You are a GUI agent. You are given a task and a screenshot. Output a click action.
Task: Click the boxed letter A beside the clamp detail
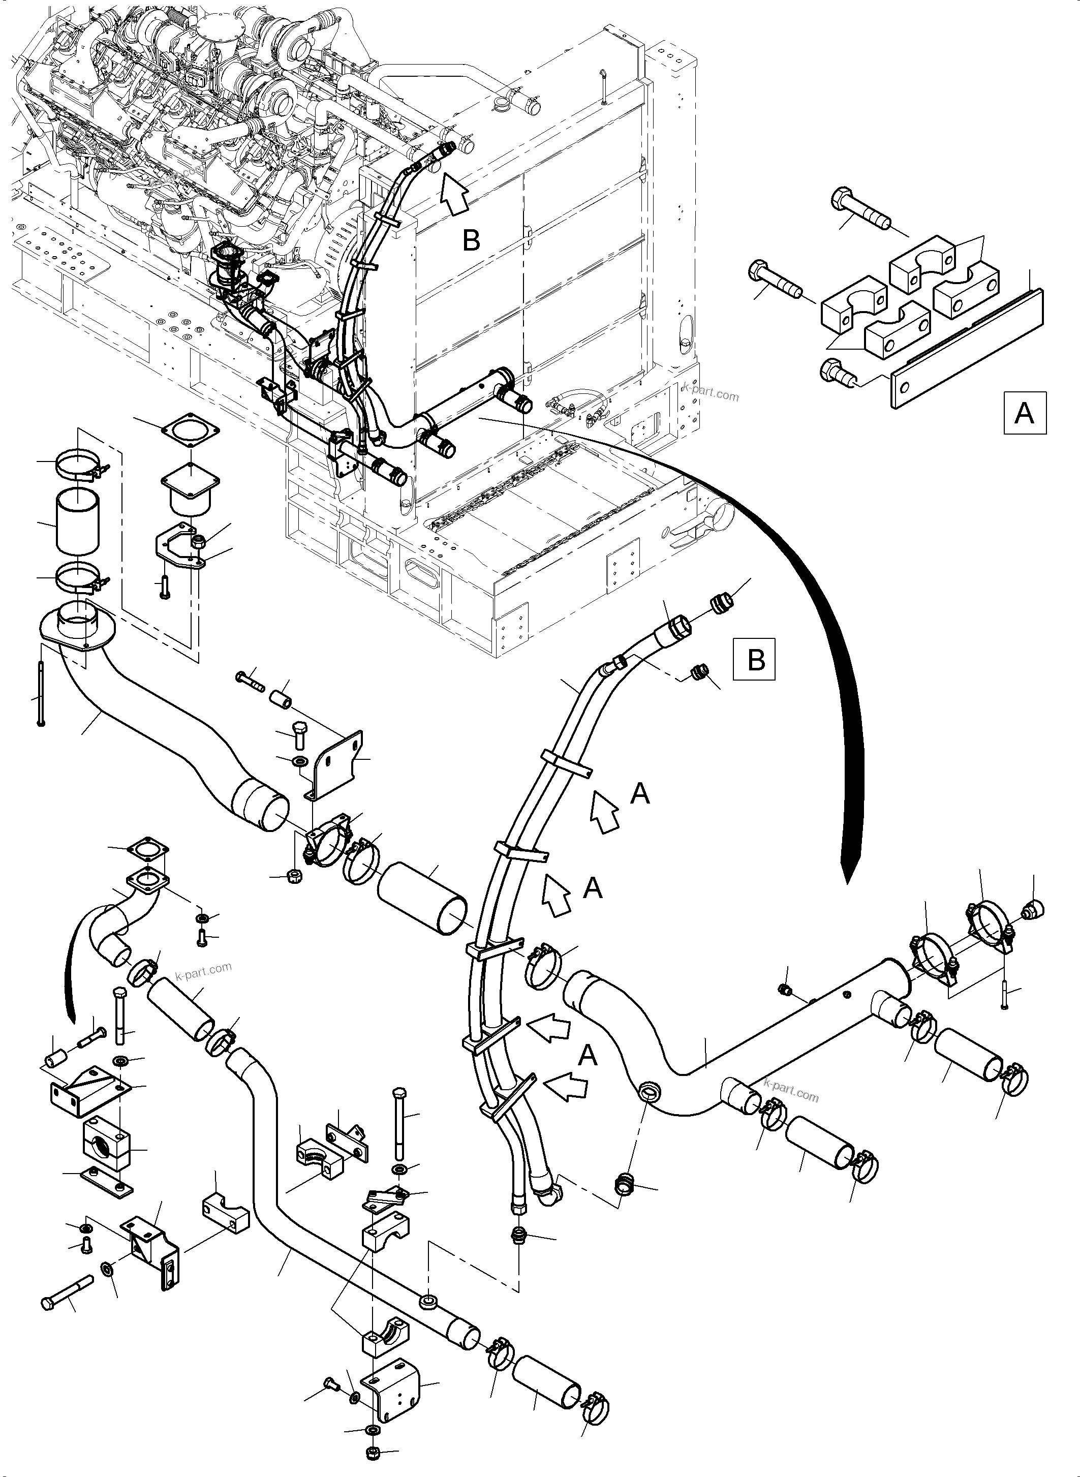pos(1025,413)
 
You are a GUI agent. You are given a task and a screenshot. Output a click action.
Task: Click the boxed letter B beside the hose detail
pos(755,659)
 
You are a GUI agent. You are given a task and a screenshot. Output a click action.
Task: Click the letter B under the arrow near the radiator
pos(471,240)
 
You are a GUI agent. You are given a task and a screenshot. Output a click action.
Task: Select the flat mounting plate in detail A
pos(968,350)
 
